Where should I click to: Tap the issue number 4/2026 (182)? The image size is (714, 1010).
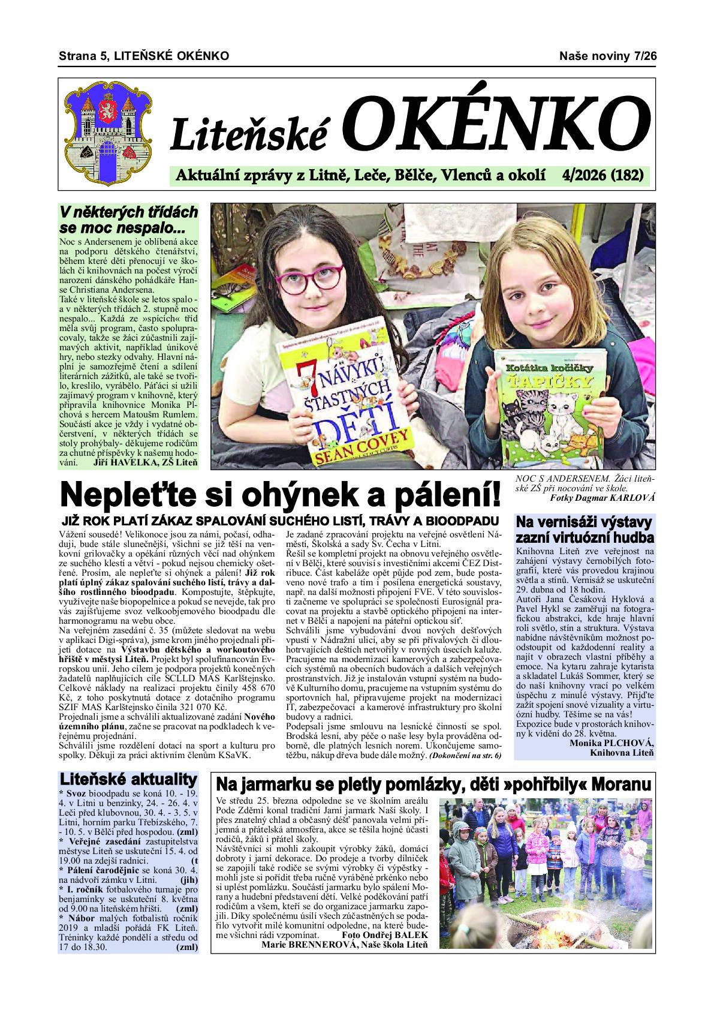pyautogui.click(x=603, y=175)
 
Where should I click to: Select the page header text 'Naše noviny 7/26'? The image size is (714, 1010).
pyautogui.click(x=608, y=56)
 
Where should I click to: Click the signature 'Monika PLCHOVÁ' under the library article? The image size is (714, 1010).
pyautogui.click(x=609, y=743)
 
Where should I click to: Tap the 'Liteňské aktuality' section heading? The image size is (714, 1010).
pyautogui.click(x=128, y=779)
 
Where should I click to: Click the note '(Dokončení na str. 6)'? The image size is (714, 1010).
pyautogui.click(x=465, y=756)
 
